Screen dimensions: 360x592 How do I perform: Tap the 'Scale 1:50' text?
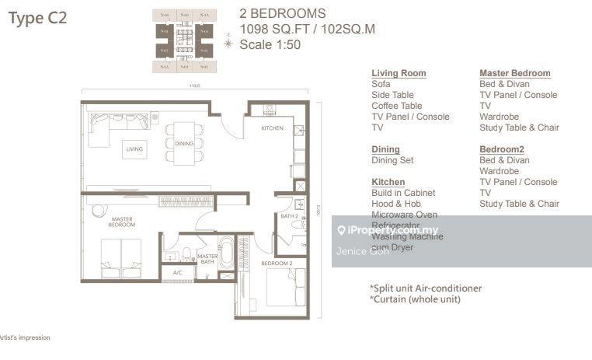(x=270, y=45)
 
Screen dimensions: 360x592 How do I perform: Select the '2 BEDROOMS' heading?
(x=283, y=13)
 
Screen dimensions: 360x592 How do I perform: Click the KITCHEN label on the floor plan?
(x=272, y=128)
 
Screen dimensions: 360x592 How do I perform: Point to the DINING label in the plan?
(x=184, y=143)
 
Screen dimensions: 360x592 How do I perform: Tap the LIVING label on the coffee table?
(x=134, y=148)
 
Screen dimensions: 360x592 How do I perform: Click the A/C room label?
(x=177, y=273)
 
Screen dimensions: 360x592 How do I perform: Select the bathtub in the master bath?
(x=225, y=253)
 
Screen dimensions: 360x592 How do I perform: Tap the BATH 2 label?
(x=290, y=216)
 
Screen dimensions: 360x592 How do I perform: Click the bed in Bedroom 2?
(x=286, y=288)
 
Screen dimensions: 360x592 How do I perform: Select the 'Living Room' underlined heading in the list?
(x=399, y=73)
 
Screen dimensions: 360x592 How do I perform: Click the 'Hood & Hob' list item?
(x=396, y=204)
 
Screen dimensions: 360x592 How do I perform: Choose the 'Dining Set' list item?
(x=392, y=160)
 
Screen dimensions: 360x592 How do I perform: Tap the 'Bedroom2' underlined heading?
(x=502, y=149)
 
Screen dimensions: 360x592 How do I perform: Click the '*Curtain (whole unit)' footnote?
(x=415, y=299)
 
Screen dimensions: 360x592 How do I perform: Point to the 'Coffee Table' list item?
(x=396, y=106)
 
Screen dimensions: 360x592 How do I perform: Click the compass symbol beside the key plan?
(x=228, y=44)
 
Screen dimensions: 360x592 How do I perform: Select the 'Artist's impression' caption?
(x=25, y=337)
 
